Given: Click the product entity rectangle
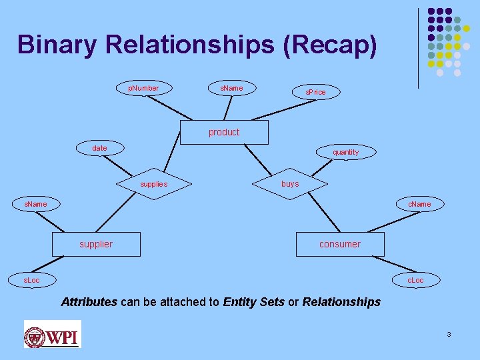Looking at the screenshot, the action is tap(224, 132).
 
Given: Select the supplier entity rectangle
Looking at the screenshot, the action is tap(96, 244).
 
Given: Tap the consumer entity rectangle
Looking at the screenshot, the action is tap(340, 244).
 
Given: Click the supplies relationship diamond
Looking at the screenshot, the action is tap(154, 183).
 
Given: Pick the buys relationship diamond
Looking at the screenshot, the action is tap(290, 183).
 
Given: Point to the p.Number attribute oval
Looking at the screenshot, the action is tap(143, 88).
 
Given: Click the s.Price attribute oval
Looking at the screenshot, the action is tap(316, 92).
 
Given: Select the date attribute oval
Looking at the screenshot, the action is tap(99, 148).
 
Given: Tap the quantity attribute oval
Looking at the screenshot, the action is tap(345, 152).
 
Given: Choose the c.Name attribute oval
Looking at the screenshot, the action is tap(419, 204).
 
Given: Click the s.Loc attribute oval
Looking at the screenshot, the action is tap(32, 280).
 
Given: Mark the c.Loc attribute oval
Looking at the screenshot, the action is tap(415, 280).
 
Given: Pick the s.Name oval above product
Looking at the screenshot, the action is tap(231, 88).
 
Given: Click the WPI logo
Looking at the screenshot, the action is tap(52, 333).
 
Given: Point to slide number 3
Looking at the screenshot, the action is tap(449, 333).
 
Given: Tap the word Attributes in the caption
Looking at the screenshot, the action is tap(89, 302).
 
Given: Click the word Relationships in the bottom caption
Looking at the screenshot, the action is tap(341, 302).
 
